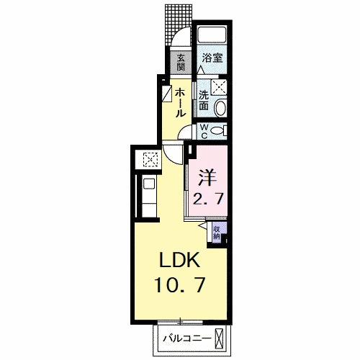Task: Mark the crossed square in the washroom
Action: (219, 87)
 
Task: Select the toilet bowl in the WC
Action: (220, 130)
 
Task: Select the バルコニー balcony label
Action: (187, 337)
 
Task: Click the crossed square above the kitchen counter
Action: (151, 160)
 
